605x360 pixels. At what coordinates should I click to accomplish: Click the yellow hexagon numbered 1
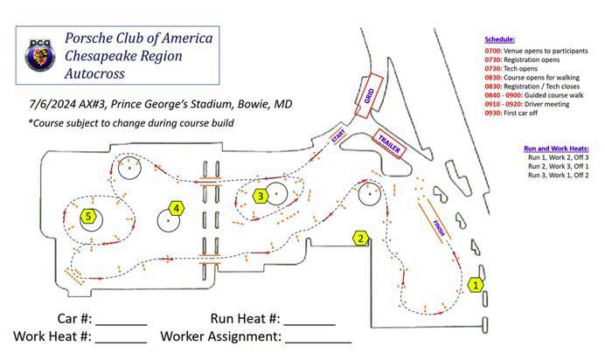pyautogui.click(x=476, y=284)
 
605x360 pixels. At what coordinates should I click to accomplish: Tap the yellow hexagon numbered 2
pyautogui.click(x=359, y=238)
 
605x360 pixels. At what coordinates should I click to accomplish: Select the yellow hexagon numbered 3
pyautogui.click(x=261, y=197)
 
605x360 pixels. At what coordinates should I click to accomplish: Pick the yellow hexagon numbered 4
pyautogui.click(x=177, y=208)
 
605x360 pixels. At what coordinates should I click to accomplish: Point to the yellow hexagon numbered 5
pyautogui.click(x=88, y=216)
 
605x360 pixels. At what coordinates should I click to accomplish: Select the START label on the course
pyautogui.click(x=337, y=137)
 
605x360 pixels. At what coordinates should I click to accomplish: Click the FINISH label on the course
pyautogui.click(x=438, y=229)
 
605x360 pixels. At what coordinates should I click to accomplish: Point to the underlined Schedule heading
pyautogui.click(x=500, y=40)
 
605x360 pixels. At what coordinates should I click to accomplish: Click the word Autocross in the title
pyautogui.click(x=94, y=73)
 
